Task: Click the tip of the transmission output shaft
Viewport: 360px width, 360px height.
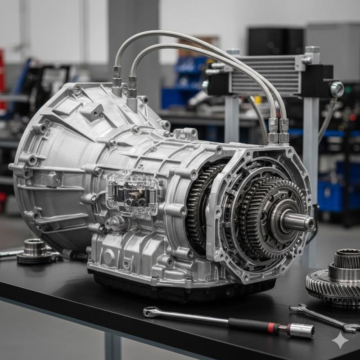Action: point(310,223)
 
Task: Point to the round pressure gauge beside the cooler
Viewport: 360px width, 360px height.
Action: point(337,89)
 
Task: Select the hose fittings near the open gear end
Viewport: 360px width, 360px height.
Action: point(278,130)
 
